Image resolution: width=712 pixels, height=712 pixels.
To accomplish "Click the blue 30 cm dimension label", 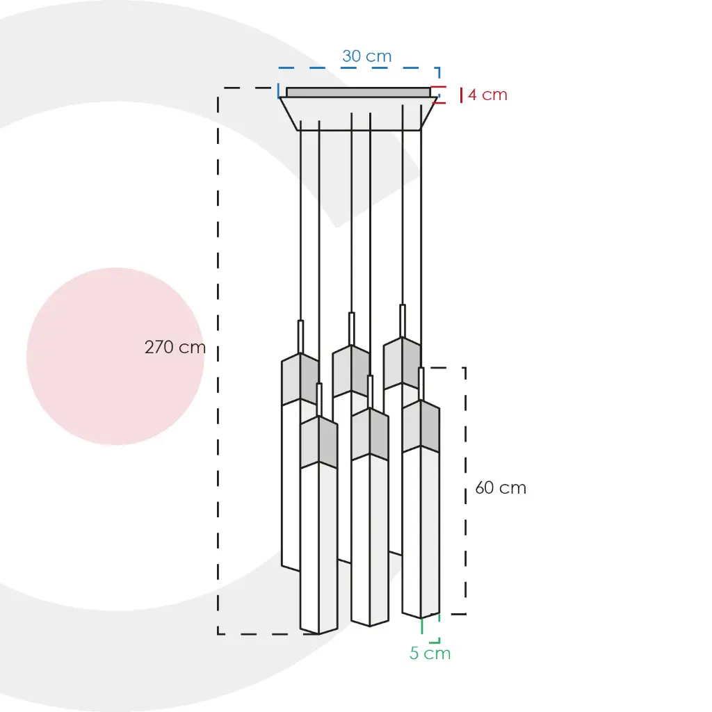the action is tap(367, 56).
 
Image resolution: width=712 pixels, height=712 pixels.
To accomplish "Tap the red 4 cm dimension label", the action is tap(487, 95).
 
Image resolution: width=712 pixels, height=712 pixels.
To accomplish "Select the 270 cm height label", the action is tap(175, 348).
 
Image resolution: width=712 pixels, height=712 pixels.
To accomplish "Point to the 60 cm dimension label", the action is tap(501, 487).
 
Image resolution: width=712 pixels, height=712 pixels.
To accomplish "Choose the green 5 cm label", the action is tap(430, 654).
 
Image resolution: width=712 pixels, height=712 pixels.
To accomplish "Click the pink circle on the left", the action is tap(115, 357).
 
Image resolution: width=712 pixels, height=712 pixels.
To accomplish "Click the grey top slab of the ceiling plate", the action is tap(358, 92).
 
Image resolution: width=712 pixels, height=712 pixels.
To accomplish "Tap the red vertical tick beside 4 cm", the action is tap(462, 95).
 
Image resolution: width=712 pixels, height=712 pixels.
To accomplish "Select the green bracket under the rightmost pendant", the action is tap(431, 629).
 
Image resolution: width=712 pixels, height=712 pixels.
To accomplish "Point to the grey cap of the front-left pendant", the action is tap(318, 442).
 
